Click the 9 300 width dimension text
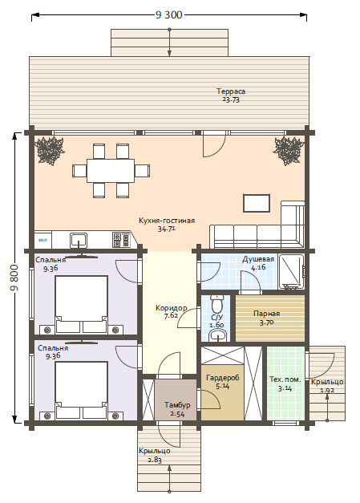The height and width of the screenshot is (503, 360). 169,14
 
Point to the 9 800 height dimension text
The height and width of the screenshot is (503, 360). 14,278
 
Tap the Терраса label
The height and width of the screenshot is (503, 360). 231,91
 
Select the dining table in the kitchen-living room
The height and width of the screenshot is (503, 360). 111,171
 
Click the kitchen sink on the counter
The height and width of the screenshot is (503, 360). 79,241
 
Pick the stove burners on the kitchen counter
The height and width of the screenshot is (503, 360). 121,240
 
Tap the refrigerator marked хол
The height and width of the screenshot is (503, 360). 43,240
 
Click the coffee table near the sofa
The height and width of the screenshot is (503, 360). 257,203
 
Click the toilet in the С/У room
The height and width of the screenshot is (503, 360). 217,304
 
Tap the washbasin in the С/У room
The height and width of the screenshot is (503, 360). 219,336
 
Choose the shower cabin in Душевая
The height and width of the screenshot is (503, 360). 291,272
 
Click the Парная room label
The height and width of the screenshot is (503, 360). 267,314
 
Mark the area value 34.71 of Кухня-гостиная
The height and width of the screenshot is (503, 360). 167,229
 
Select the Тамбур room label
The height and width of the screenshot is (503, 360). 178,405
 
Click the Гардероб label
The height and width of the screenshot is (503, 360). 222,378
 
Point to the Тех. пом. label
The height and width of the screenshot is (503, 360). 285,379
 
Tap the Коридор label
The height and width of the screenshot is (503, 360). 172,308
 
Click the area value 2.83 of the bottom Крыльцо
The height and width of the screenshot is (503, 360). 155,460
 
